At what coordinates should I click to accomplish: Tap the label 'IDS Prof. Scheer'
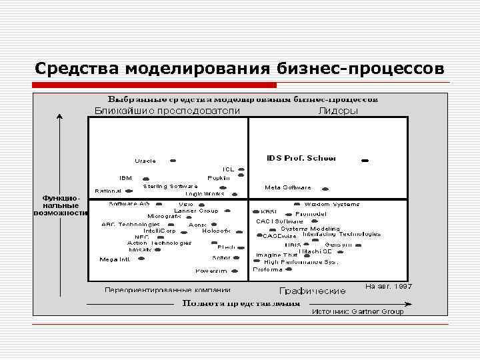coord(301,158)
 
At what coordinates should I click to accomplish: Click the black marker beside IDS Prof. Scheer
coord(365,161)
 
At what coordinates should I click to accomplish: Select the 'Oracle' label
coord(145,161)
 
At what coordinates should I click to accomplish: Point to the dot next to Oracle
coord(173,161)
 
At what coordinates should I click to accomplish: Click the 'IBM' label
coord(125,178)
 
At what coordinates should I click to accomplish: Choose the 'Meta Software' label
coord(288,187)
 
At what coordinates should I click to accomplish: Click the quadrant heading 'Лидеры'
coord(339,111)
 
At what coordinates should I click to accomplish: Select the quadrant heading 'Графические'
coord(312,291)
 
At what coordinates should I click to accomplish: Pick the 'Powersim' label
coord(211,271)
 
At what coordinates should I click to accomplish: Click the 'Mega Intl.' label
coord(115,259)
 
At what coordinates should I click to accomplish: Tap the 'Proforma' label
coord(267,269)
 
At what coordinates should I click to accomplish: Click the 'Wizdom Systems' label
coord(332,204)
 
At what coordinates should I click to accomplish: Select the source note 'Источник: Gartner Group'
coord(358,311)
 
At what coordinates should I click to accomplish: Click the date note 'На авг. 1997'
coord(389,286)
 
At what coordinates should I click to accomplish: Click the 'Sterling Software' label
coord(170,186)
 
